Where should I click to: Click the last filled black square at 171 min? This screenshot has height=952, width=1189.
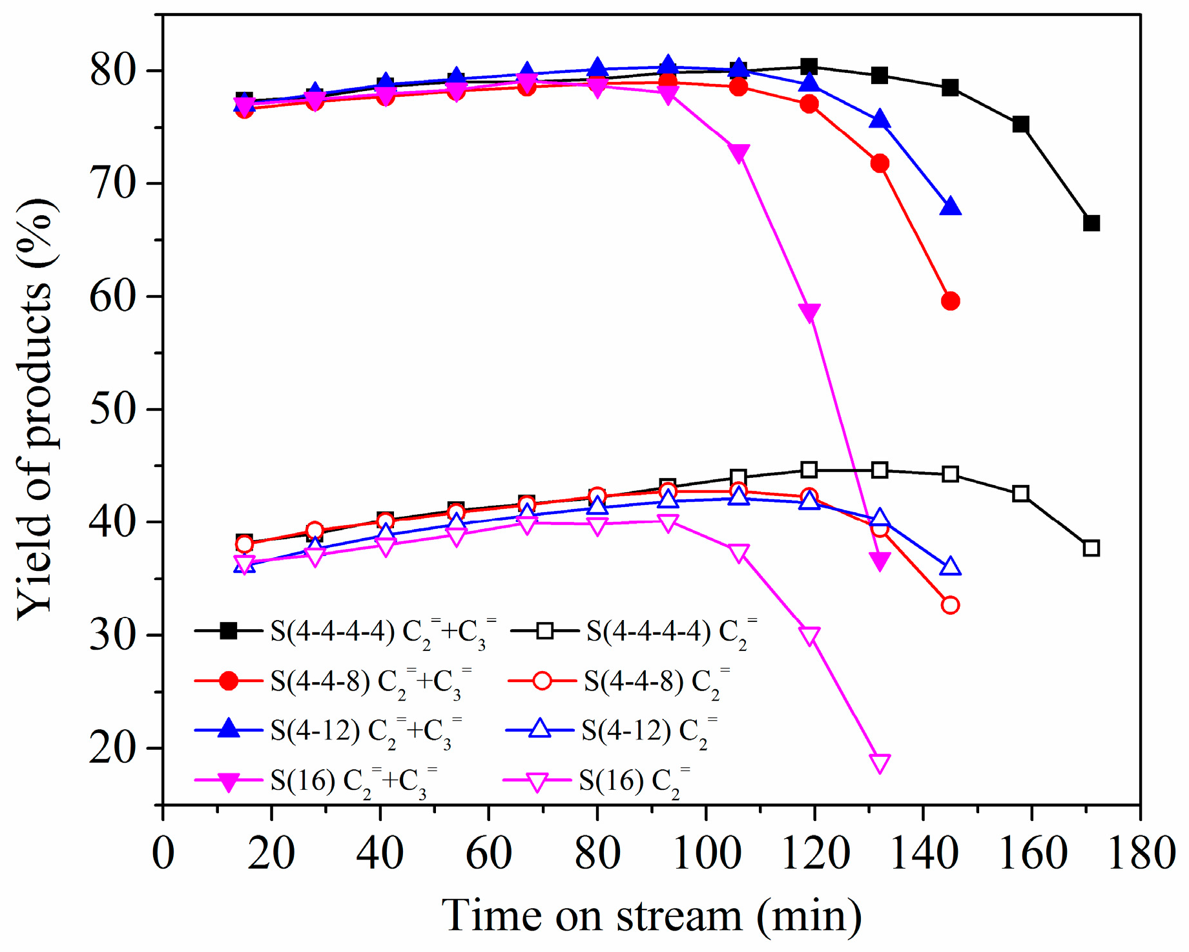[1091, 223]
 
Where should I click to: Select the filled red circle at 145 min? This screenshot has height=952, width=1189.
[950, 301]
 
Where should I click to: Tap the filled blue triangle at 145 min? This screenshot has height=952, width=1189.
[950, 207]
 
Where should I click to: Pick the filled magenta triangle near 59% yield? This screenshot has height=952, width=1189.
[809, 313]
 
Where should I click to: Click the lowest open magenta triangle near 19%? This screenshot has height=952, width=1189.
[880, 763]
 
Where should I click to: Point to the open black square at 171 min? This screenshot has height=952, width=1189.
[1091, 548]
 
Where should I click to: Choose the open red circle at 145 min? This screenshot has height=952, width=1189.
[950, 605]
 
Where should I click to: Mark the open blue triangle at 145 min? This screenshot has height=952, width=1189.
[950, 567]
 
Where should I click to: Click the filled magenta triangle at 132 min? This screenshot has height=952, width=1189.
[880, 561]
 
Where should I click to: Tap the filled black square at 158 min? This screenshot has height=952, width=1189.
[1020, 124]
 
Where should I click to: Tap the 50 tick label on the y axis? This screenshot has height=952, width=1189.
[114, 409]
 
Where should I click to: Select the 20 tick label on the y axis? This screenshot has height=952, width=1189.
[114, 749]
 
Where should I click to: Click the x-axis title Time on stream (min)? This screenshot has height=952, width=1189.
[652, 916]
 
